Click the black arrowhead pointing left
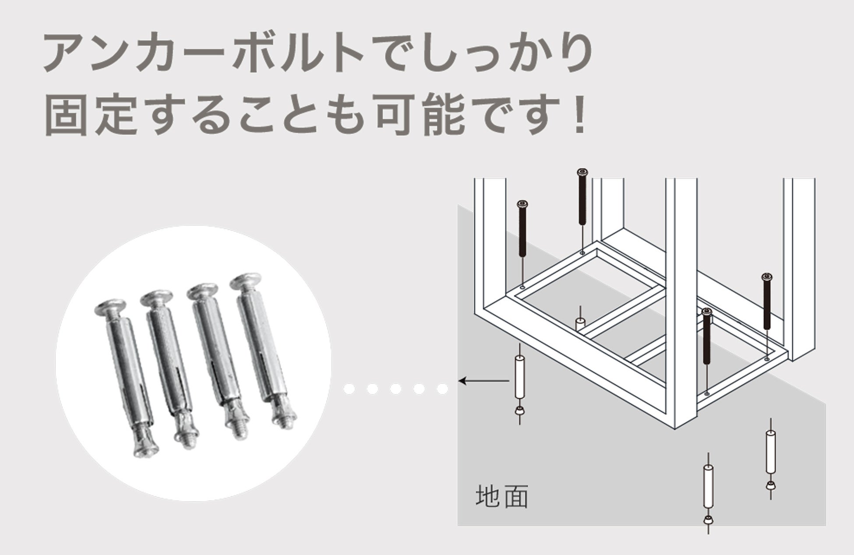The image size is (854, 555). pyautogui.click(x=462, y=381)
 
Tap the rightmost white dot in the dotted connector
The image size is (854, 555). pyautogui.click(x=442, y=389)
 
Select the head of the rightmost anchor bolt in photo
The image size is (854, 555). pyautogui.click(x=246, y=281)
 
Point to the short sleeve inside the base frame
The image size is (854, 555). pyautogui.click(x=580, y=324)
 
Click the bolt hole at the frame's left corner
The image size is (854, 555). pyautogui.click(x=522, y=287)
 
